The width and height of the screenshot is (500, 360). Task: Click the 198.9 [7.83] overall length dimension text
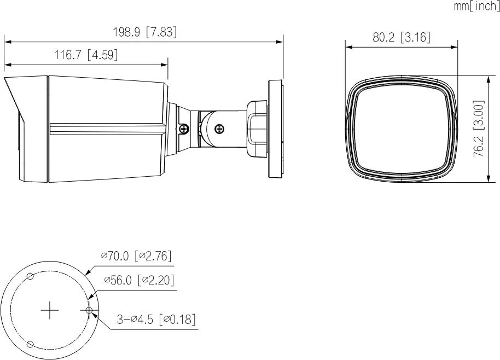pos(145,32)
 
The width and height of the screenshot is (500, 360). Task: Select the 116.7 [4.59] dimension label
pos(86,55)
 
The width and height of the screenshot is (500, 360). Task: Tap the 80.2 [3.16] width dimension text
pos(401,37)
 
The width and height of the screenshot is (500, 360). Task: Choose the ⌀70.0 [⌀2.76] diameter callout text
pos(136,256)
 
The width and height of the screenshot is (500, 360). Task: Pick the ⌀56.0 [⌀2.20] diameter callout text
pos(139,280)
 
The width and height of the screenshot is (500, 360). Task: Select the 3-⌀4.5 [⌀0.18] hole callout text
pos(156,320)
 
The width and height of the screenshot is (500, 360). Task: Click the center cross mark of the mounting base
pos(50,310)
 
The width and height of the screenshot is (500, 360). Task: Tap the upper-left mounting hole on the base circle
pos(31,276)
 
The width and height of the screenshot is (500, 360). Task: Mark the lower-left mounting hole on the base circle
pos(31,344)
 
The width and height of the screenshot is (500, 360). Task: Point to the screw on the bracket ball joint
pos(219,129)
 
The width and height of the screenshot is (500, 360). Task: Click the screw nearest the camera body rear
pos(184,129)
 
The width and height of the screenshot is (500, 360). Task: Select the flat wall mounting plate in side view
pos(275,129)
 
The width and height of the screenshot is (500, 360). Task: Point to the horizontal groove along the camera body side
pos(107,129)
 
